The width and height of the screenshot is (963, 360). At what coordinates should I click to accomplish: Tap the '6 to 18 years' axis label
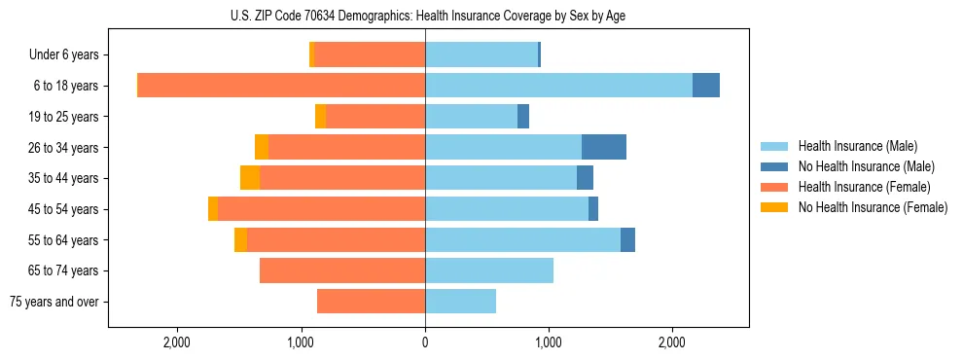[66, 86]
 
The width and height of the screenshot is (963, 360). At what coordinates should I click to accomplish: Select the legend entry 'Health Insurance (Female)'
[864, 187]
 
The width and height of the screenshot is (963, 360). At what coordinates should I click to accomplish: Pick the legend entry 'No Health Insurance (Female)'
[873, 207]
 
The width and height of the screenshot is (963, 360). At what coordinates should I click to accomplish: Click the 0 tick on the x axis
[425, 342]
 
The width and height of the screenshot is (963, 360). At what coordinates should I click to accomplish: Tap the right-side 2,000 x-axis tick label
[672, 342]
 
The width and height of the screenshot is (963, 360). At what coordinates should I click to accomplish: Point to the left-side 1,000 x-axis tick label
[302, 342]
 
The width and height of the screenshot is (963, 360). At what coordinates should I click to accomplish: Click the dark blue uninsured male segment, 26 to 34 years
[604, 147]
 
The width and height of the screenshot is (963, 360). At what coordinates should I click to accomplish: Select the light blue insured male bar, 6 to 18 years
[558, 86]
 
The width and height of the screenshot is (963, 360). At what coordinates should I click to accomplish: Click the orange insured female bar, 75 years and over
[371, 302]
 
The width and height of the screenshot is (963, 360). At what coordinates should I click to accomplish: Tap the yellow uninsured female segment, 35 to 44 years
[250, 178]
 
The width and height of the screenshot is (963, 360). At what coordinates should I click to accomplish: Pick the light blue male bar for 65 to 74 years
[489, 270]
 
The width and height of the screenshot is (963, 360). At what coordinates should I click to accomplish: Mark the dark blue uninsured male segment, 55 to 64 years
[627, 239]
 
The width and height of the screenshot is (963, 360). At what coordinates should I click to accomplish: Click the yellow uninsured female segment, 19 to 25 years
[320, 117]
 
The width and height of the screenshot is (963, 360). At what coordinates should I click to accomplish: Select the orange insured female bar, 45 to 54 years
[322, 209]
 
